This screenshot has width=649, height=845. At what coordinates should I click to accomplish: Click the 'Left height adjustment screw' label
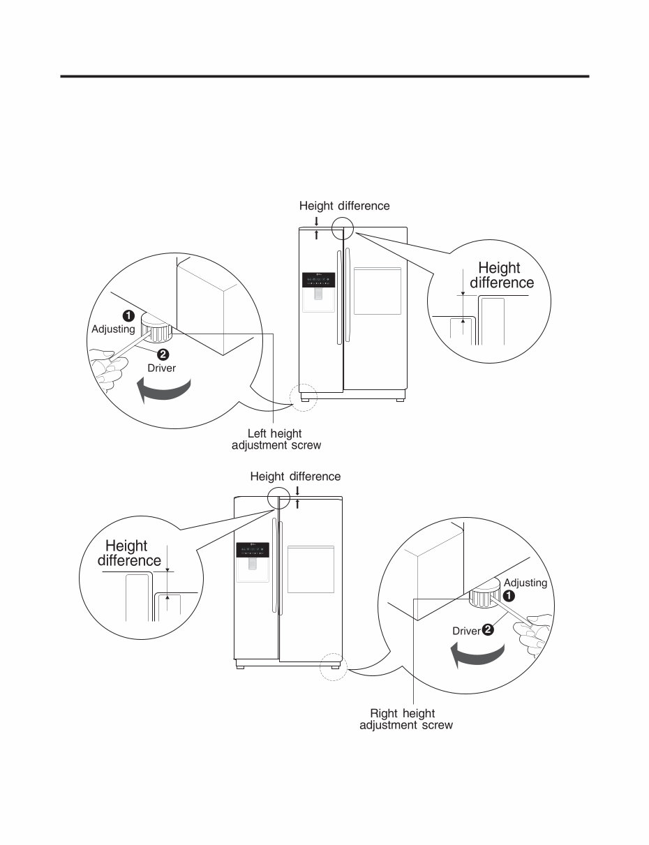[x=276, y=440]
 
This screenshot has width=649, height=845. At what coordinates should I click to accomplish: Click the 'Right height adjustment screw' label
[x=405, y=719]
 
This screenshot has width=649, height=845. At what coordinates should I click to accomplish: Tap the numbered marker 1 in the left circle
[x=129, y=315]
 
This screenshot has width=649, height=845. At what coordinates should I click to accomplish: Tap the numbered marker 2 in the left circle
[x=162, y=354]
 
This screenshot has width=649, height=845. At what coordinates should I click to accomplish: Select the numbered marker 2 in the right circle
[x=487, y=630]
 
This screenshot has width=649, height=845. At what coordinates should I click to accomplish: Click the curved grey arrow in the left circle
[x=165, y=389]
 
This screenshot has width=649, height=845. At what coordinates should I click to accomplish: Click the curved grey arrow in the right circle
[x=477, y=655]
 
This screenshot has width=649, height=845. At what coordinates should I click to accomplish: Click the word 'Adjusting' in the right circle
[x=525, y=583]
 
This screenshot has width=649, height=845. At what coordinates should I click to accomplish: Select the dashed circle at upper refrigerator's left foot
[x=305, y=396]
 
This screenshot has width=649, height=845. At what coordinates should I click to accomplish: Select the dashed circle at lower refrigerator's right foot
[x=333, y=666]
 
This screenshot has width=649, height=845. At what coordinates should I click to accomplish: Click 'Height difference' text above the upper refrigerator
[x=344, y=206]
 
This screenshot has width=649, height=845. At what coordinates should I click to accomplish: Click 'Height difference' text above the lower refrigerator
[x=295, y=477]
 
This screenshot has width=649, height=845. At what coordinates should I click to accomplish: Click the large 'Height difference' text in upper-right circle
[x=501, y=275]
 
